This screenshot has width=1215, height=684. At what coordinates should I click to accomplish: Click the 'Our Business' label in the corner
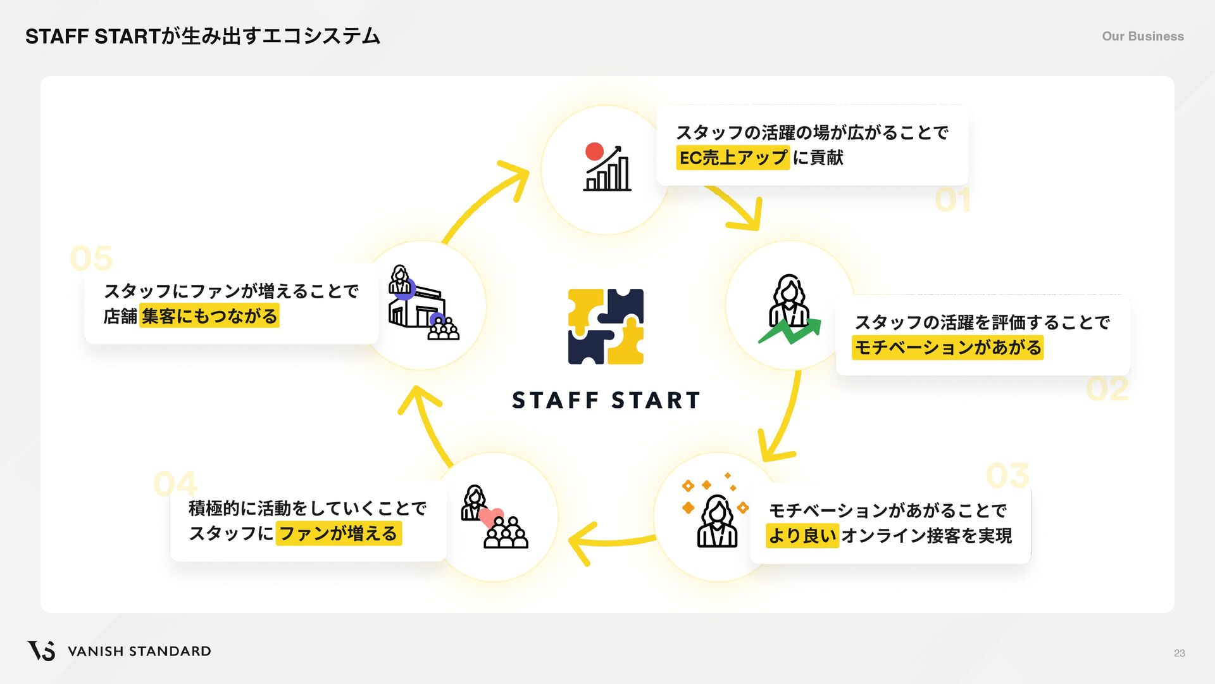pyautogui.click(x=1142, y=36)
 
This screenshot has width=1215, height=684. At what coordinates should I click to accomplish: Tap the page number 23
pyautogui.click(x=1179, y=653)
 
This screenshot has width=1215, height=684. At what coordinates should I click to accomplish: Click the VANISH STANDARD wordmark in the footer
pyautogui.click(x=139, y=651)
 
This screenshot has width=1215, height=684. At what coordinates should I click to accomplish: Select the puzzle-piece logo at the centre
pyautogui.click(x=606, y=326)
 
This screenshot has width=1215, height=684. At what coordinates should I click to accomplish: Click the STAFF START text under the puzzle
pyautogui.click(x=606, y=400)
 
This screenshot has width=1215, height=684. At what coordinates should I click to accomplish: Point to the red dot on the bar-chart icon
pyautogui.click(x=594, y=151)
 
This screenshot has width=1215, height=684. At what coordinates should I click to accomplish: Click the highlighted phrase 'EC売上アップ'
pyautogui.click(x=733, y=157)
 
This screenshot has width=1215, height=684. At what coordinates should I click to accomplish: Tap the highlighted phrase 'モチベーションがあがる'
pyautogui.click(x=947, y=347)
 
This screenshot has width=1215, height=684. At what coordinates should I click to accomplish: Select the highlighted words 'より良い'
pyautogui.click(x=802, y=535)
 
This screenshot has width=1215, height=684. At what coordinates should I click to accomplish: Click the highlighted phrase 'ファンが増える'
pyautogui.click(x=338, y=533)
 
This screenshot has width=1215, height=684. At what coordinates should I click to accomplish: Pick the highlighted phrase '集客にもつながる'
pyautogui.click(x=209, y=315)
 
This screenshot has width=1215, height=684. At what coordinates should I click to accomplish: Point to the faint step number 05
pyautogui.click(x=91, y=258)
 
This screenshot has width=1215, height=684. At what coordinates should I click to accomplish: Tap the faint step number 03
pyautogui.click(x=1007, y=475)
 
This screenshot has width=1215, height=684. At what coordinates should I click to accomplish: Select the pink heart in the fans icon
pyautogui.click(x=491, y=516)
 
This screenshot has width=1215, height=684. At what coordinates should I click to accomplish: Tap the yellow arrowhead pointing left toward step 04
pyautogui.click(x=582, y=543)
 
